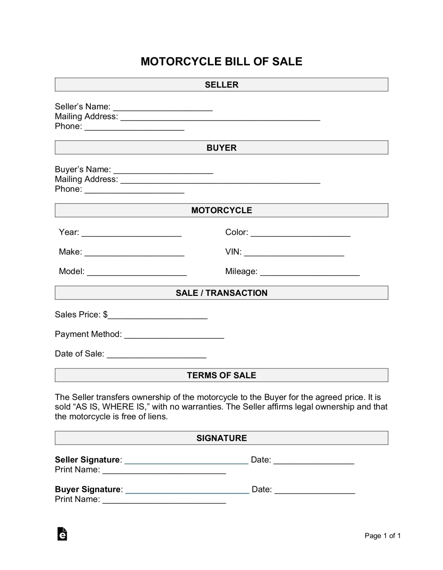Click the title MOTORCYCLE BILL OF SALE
coord(221,61)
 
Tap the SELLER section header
coord(221,84)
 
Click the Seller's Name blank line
coord(163,108)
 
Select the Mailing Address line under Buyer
coord(220,181)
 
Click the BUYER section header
coord(221,148)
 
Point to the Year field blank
coord(131,234)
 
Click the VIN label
coord(233,252)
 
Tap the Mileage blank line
coord(310,273)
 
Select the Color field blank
coord(300,234)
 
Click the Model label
coord(72,271)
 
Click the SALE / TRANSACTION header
coord(221,293)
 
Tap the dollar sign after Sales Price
coord(105,314)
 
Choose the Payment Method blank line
coord(174,336)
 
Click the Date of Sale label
coord(79,354)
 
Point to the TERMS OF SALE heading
coord(221,375)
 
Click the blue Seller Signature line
coord(186,462)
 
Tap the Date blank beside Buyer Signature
coord(314,491)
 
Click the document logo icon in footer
coord(62,534)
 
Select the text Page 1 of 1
coord(382,536)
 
